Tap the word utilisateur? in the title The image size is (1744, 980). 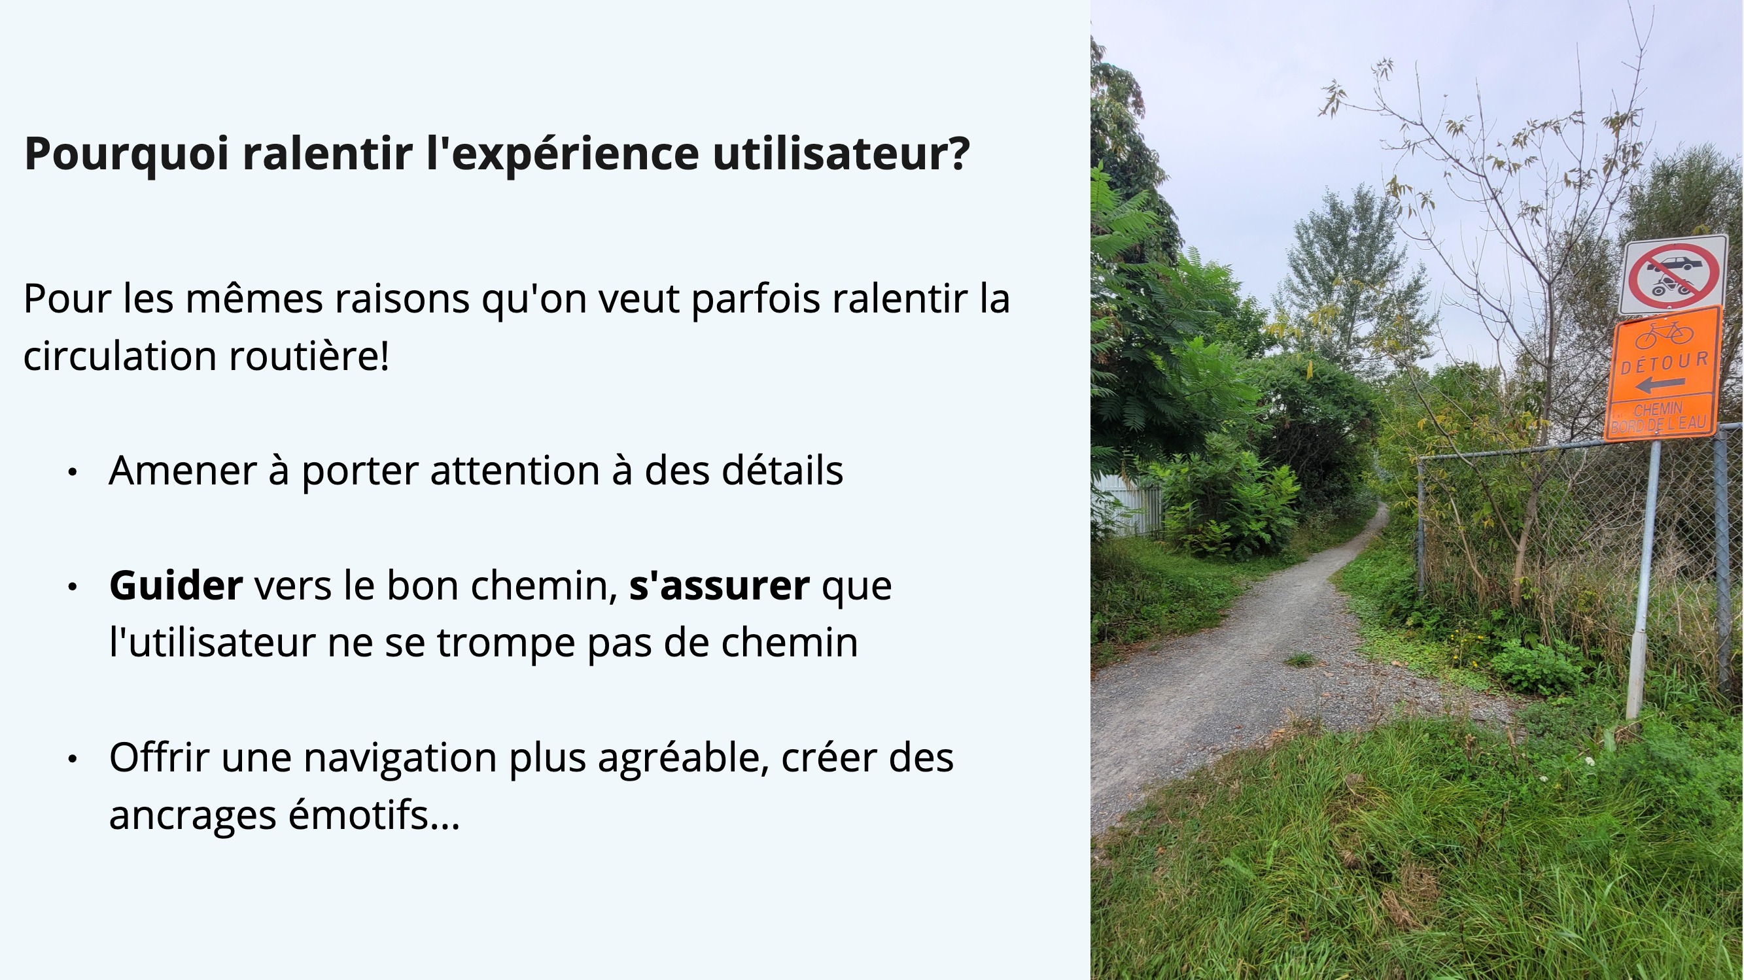click(841, 153)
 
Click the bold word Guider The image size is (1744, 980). click(176, 585)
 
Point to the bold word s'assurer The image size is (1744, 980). click(719, 585)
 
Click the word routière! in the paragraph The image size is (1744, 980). click(309, 356)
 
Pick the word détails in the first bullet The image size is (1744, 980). click(782, 470)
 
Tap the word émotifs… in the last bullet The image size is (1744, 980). click(374, 814)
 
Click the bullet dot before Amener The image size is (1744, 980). click(73, 473)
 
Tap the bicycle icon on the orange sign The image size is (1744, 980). click(1664, 333)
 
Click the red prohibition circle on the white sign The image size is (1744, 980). click(1673, 275)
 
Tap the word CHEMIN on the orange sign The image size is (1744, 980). click(1658, 409)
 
